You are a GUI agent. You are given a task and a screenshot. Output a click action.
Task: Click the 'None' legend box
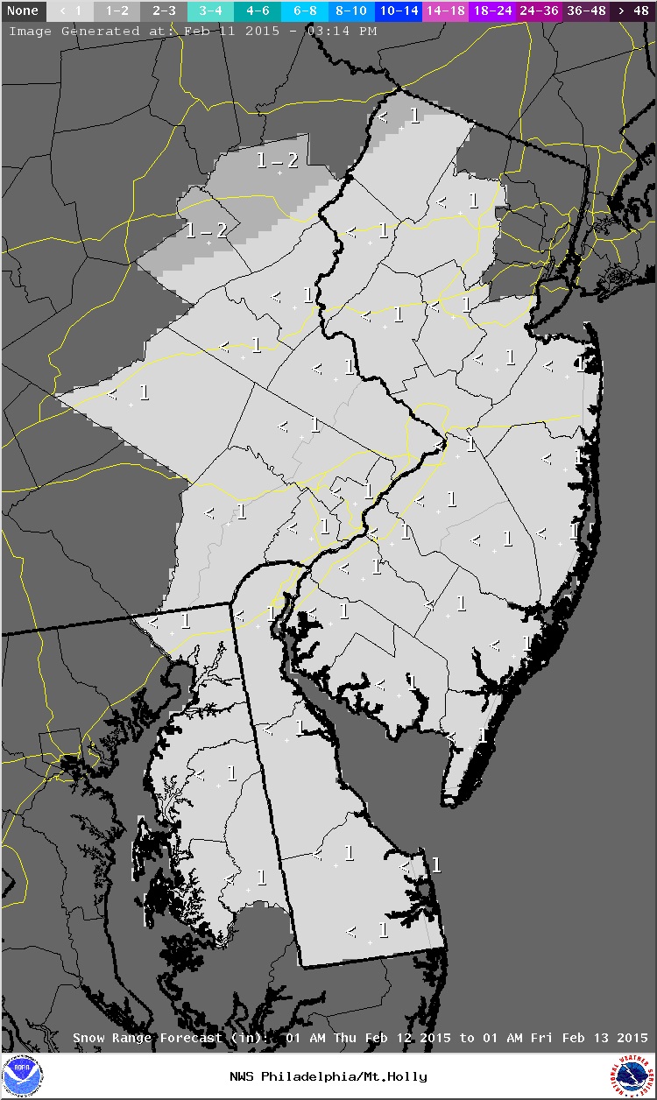tap(23, 11)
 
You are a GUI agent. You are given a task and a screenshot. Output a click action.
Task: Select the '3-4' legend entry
tap(209, 11)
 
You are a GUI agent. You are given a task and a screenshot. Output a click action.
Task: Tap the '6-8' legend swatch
tap(305, 11)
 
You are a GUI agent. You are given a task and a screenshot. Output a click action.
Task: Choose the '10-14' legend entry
tap(399, 11)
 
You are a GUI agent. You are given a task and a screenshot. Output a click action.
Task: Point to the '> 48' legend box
tap(632, 11)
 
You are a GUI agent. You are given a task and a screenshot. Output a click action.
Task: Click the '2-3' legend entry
tap(162, 11)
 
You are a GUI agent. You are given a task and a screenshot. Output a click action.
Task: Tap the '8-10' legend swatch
tap(352, 11)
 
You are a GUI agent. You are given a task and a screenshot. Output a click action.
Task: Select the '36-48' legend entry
tap(586, 11)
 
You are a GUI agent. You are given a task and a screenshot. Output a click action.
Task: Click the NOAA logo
tap(22, 1076)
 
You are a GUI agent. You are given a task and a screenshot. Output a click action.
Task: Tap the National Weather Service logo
tap(633, 1076)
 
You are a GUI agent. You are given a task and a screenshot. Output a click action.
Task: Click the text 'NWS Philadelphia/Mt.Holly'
tap(328, 1076)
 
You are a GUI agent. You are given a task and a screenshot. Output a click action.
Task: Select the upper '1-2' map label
tap(277, 160)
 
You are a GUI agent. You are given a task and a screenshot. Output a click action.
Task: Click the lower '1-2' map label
tap(207, 230)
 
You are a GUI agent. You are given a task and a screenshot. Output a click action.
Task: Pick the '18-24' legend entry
tap(493, 11)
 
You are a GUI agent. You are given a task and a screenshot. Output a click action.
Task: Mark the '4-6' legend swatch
tap(257, 11)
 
